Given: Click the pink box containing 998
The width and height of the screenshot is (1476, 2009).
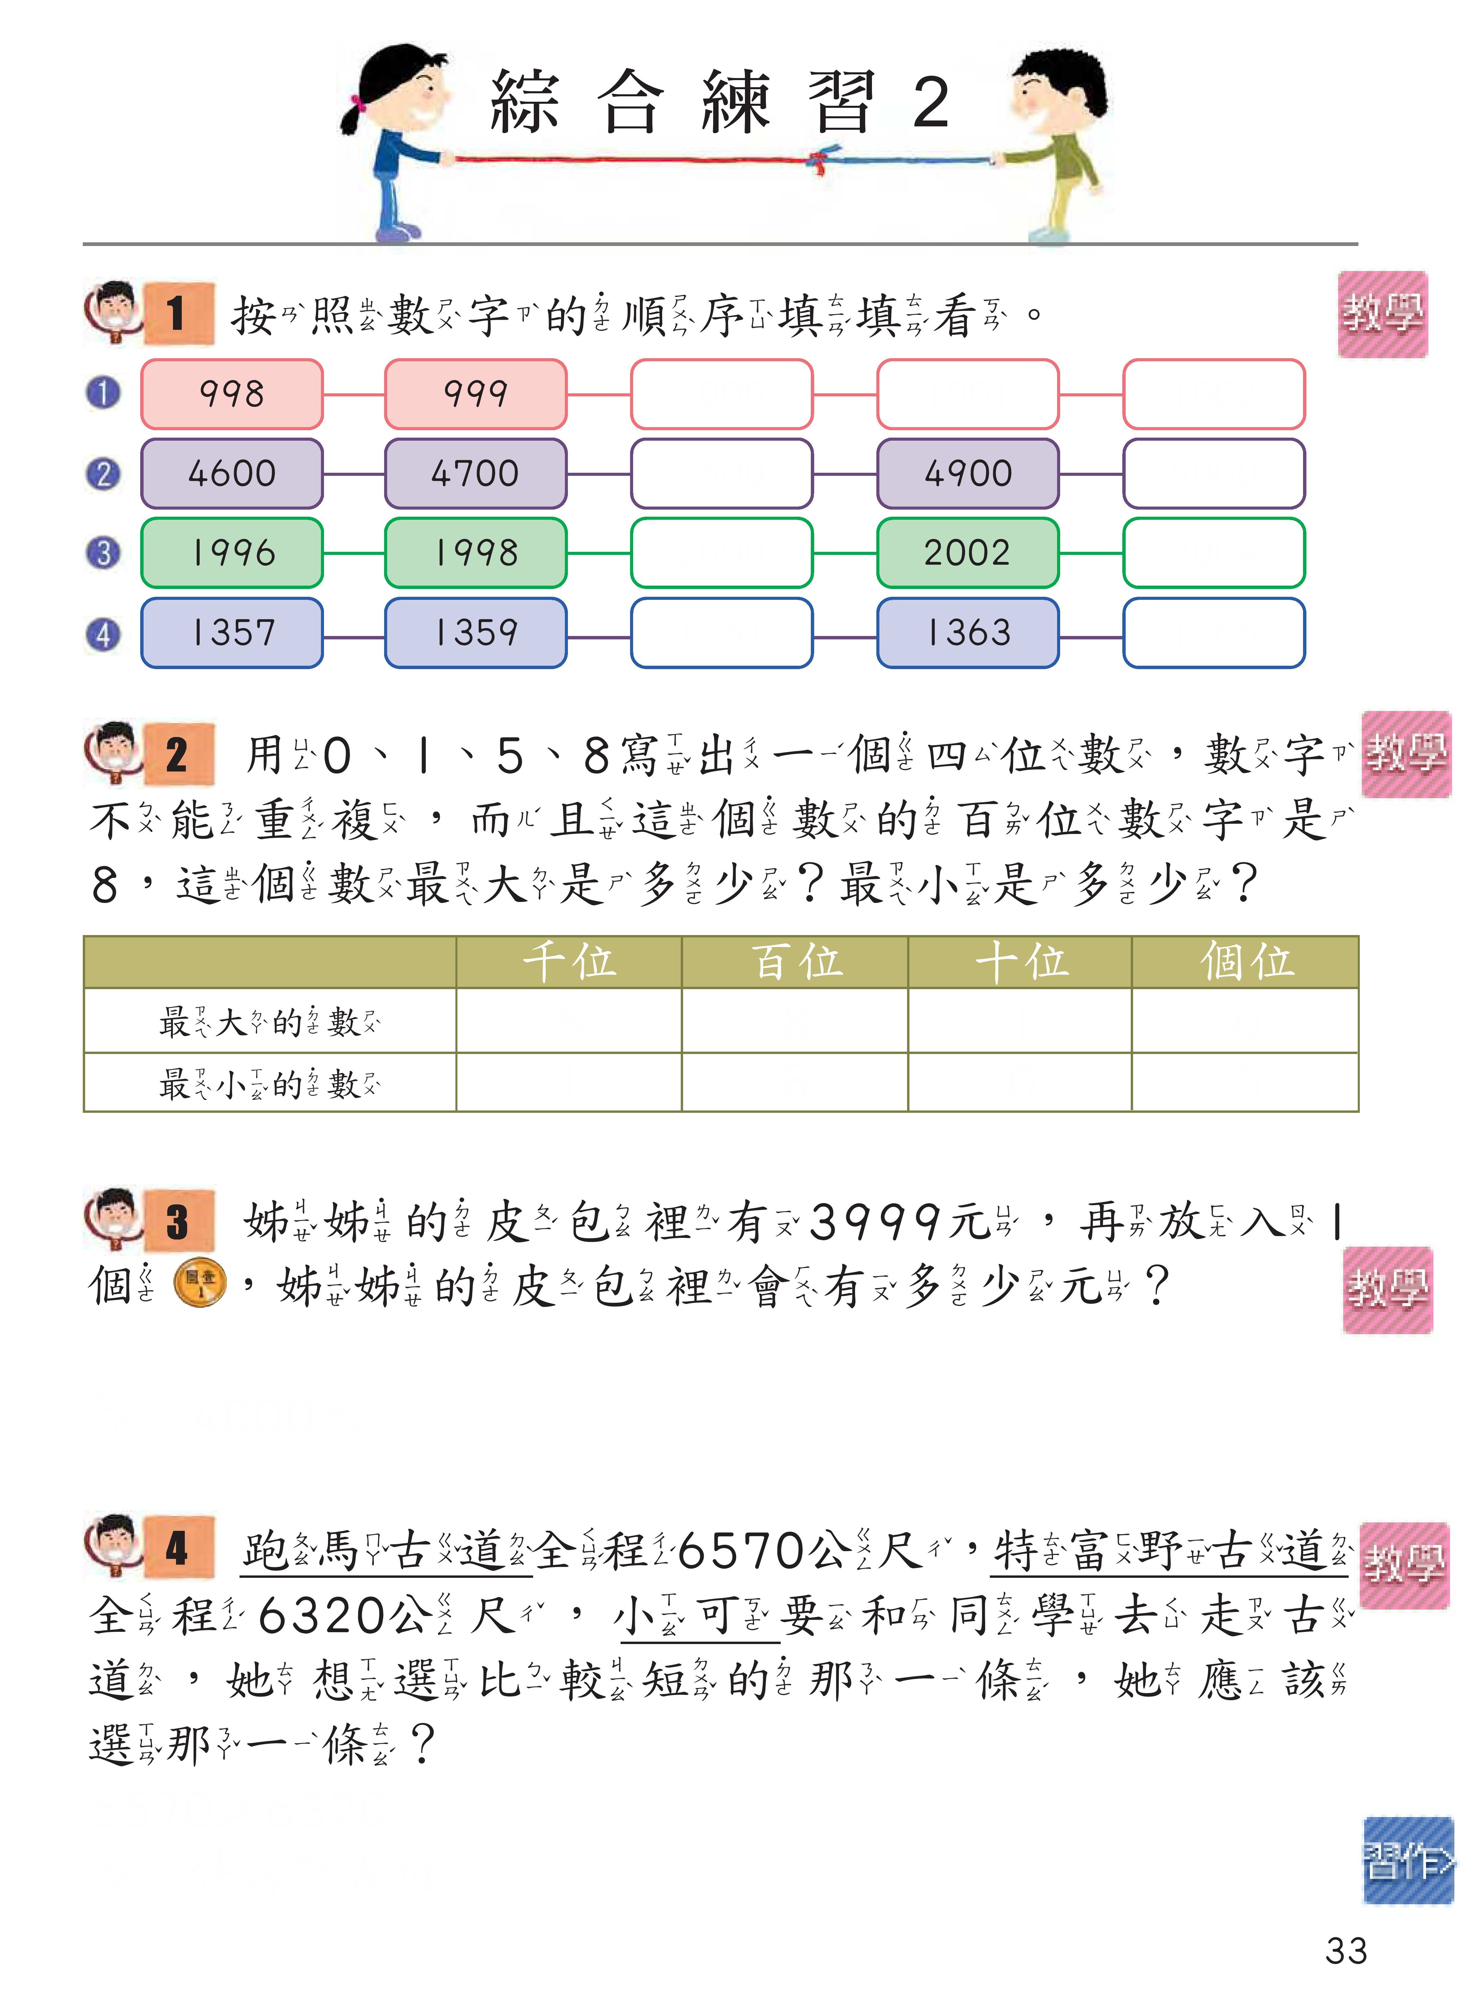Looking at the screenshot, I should click(231, 394).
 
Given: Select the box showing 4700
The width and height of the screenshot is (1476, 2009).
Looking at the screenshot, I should click(475, 474).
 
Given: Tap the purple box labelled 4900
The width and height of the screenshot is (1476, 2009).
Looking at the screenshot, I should click(968, 474).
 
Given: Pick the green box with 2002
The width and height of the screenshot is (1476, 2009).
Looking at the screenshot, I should click(968, 552).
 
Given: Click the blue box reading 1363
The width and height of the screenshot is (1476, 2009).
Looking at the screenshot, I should click(968, 633).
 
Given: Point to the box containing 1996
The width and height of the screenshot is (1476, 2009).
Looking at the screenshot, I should click(231, 552).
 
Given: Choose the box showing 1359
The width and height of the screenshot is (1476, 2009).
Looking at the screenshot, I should click(475, 633).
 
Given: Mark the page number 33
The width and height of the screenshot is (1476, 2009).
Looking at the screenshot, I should click(1346, 1951).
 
